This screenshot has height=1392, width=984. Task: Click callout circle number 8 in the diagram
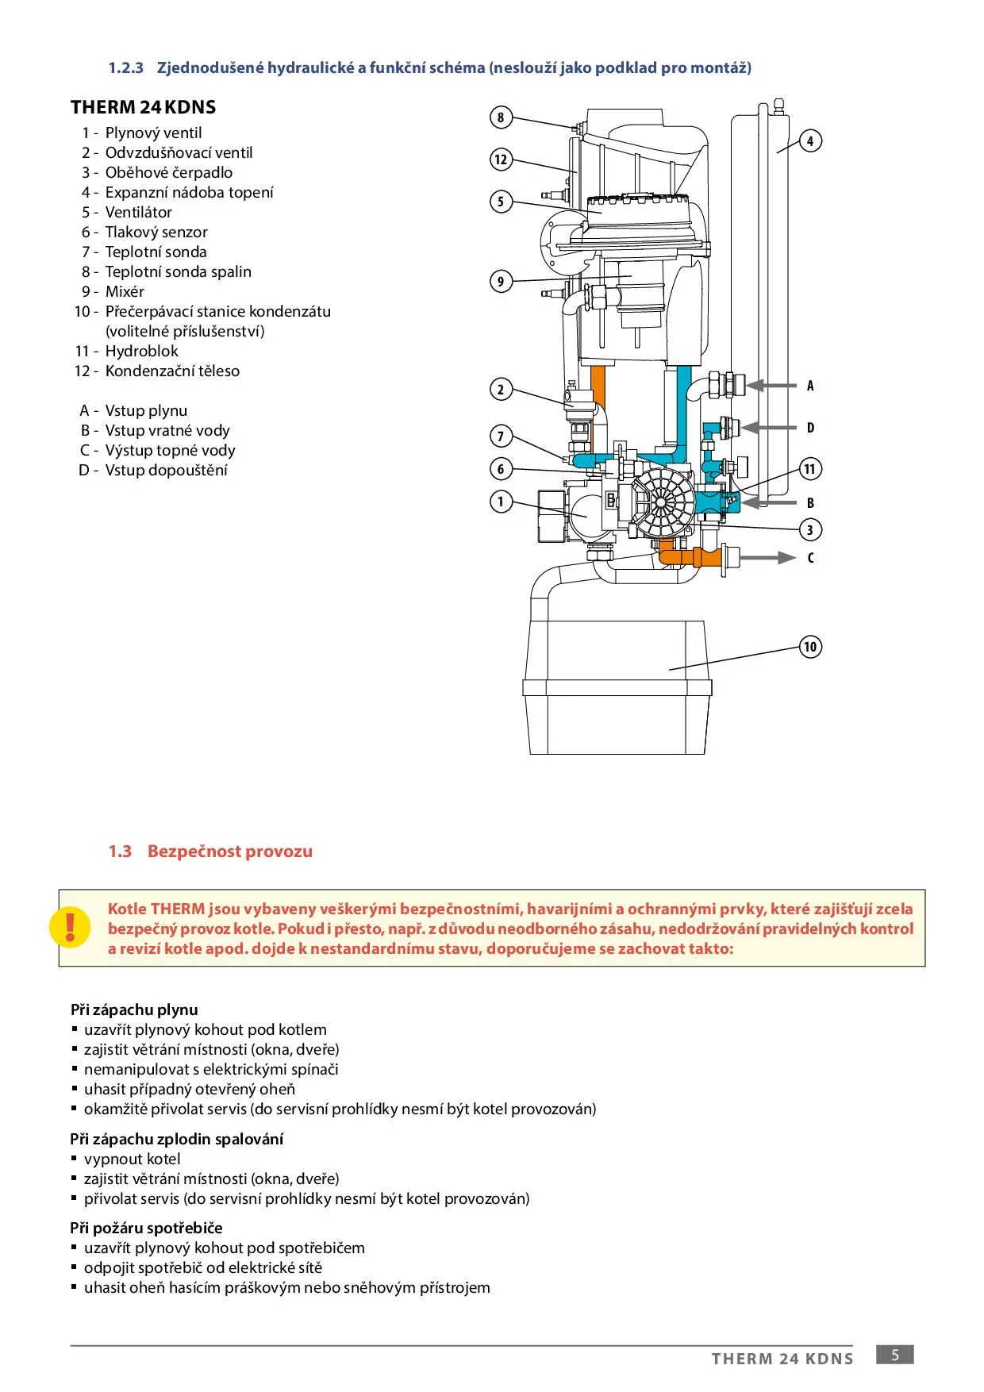[501, 118]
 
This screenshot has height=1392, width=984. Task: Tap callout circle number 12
[501, 160]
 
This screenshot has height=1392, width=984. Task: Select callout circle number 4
[810, 141]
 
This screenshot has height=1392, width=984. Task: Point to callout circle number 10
[810, 647]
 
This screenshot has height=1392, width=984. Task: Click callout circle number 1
[501, 502]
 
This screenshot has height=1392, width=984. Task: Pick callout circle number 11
[810, 469]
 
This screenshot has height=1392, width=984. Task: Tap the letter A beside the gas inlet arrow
[810, 386]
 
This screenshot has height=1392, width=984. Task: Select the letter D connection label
[810, 428]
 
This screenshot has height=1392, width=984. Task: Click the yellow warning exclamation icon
[70, 927]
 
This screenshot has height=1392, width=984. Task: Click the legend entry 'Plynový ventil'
[153, 133]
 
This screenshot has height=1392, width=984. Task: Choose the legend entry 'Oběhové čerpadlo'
[168, 173]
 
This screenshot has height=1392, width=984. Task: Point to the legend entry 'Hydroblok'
[141, 352]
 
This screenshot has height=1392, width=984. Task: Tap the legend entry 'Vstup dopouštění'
[166, 471]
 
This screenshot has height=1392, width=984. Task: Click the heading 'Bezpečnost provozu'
[229, 852]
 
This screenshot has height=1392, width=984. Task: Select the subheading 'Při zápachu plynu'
[134, 1009]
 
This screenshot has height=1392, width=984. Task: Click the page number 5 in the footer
[894, 1355]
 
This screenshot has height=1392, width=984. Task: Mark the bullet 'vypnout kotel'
[132, 1159]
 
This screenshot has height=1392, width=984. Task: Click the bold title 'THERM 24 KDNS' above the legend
[143, 107]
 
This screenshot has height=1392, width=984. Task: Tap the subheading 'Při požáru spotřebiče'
[146, 1228]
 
